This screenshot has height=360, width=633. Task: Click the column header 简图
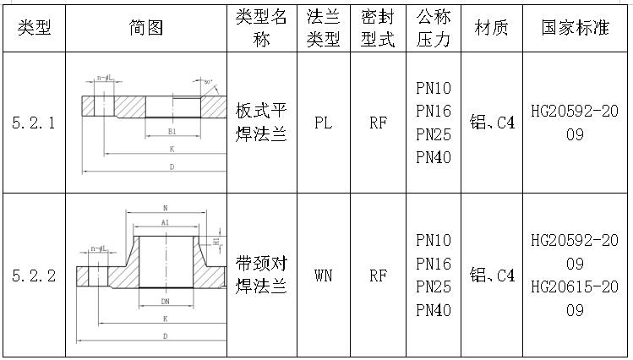click(145, 28)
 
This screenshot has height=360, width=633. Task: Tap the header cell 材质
click(492, 28)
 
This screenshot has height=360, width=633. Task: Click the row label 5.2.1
click(34, 123)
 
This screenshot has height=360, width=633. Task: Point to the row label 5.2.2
click(34, 275)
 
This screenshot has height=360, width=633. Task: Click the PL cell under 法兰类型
click(323, 123)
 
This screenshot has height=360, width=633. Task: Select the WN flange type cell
click(323, 275)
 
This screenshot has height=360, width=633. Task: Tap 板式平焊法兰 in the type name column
click(262, 123)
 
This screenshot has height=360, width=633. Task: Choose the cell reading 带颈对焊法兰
click(262, 275)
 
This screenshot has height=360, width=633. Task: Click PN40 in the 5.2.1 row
click(434, 157)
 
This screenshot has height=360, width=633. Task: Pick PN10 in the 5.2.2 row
click(434, 241)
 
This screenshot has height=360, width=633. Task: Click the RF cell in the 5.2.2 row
click(378, 275)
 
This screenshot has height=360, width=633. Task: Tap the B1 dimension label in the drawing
click(172, 132)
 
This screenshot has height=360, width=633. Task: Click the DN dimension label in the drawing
click(165, 300)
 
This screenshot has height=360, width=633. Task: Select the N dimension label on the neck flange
click(165, 208)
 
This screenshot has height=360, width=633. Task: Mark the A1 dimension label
click(165, 222)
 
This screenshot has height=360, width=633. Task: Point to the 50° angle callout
click(208, 82)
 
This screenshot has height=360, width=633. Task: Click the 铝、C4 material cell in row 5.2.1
click(492, 123)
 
